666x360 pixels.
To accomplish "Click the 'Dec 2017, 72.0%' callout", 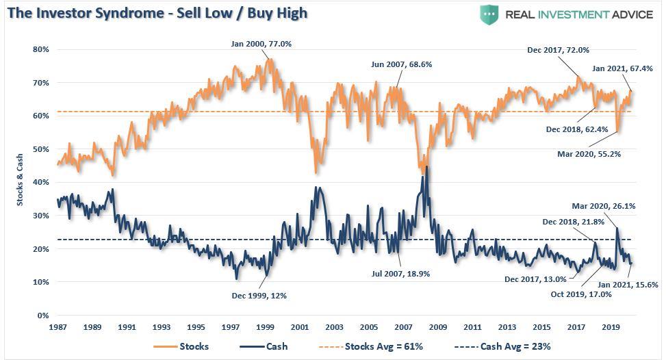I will pyautogui.click(x=559, y=50).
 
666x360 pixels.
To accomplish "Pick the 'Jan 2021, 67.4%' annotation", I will pyautogui.click(x=620, y=68).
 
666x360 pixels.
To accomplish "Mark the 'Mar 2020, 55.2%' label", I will pyautogui.click(x=589, y=154).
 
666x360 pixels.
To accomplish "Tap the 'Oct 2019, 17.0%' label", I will pyautogui.click(x=581, y=294).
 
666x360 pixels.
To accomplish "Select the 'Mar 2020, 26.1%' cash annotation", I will pyautogui.click(x=602, y=205).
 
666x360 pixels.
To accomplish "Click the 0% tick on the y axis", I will pyautogui.click(x=42, y=316).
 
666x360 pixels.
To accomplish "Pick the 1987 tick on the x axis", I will pyautogui.click(x=59, y=327).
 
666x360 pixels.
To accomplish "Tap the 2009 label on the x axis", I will pyautogui.click(x=437, y=327).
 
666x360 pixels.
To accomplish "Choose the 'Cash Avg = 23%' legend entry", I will pyautogui.click(x=511, y=346).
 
